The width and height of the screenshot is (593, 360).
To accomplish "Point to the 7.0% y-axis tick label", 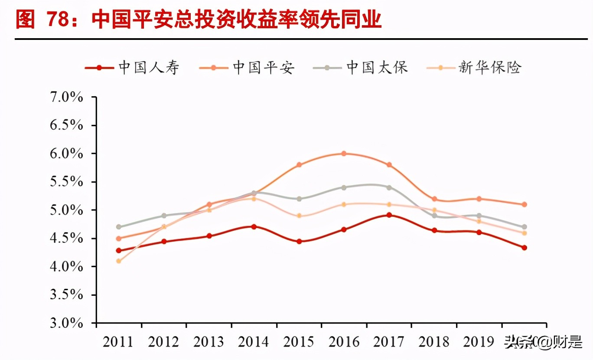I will pyautogui.click(x=66, y=97).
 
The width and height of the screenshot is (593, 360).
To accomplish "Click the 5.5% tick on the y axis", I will pyautogui.click(x=66, y=182).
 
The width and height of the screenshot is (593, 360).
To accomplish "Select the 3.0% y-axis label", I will pyautogui.click(x=66, y=323).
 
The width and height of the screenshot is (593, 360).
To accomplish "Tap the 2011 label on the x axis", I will pyautogui.click(x=118, y=342).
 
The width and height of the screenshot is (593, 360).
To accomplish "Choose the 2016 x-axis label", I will pyautogui.click(x=344, y=342).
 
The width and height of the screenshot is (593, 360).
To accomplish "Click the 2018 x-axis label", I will pyautogui.click(x=434, y=342).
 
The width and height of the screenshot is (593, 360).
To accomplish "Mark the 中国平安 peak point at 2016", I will pyautogui.click(x=344, y=154).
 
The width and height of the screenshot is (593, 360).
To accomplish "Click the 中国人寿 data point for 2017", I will pyautogui.click(x=389, y=215).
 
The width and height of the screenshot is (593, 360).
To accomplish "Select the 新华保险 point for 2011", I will pyautogui.click(x=119, y=261).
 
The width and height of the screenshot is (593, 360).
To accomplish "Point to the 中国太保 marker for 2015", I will pyautogui.click(x=299, y=199).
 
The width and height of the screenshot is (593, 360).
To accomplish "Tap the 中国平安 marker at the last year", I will pyautogui.click(x=524, y=204).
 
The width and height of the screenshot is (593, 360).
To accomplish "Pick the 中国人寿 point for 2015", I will pyautogui.click(x=299, y=242).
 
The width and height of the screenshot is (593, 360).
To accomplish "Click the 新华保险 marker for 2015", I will pyautogui.click(x=299, y=216).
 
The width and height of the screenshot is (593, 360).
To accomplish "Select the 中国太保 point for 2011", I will pyautogui.click(x=119, y=227).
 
